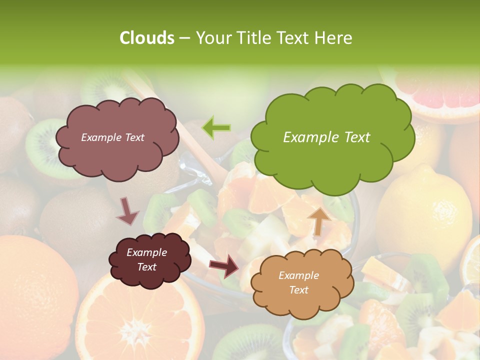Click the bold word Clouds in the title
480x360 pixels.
point(147,38)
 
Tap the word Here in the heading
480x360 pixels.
point(333,38)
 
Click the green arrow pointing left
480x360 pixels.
point(216,127)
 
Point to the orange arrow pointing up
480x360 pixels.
point(318,220)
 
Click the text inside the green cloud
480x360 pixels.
point(326,137)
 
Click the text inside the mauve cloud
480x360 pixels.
point(112,137)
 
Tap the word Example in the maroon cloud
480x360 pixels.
point(146,252)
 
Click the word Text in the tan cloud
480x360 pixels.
point(298,290)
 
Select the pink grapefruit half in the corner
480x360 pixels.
point(440,95)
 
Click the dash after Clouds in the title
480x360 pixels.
point(183,38)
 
